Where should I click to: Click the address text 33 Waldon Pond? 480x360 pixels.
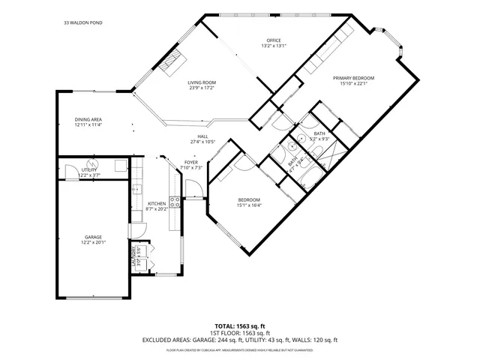pyautogui.click(x=83, y=23)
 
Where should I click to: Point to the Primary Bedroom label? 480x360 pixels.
pyautogui.click(x=353, y=78)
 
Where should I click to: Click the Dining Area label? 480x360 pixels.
pyautogui.click(x=88, y=120)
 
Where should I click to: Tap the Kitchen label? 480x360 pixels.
pyautogui.click(x=157, y=203)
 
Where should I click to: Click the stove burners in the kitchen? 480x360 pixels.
pyautogui.click(x=174, y=201)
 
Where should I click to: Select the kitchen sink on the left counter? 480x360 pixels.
pyautogui.click(x=136, y=189)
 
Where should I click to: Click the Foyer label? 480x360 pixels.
pyautogui.click(x=191, y=162)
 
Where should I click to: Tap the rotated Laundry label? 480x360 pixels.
pyautogui.click(x=135, y=256)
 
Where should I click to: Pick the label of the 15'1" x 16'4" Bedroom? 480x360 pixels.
pyautogui.click(x=248, y=199)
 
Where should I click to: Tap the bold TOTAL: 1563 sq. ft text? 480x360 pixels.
pyautogui.click(x=239, y=326)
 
